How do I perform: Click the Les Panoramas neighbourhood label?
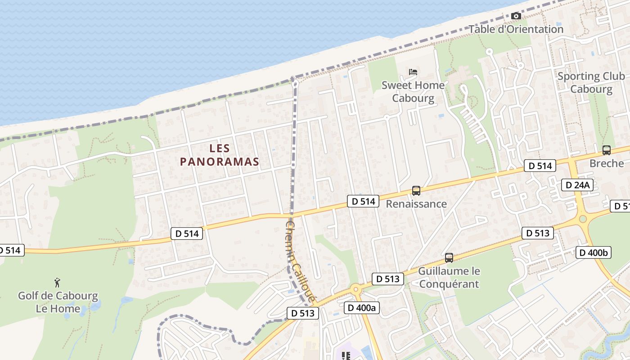coord(220,155)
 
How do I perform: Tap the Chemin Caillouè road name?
coord(299,261)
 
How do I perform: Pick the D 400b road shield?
coord(593,252)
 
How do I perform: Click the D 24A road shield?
coord(578,185)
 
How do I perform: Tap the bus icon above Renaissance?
coord(416,191)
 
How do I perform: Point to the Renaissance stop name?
coord(416,204)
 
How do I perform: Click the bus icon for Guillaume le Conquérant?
coord(449,258)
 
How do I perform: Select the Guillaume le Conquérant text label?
coord(449,278)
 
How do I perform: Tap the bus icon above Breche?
coord(607,150)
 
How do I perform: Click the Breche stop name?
coord(607,163)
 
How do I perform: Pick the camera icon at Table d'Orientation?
coord(516,16)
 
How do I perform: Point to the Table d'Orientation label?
coord(516,29)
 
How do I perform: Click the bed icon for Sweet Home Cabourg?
coord(413,72)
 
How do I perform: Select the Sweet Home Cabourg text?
coord(413,92)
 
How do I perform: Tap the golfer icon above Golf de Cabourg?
coord(57,283)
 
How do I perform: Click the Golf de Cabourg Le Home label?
coord(58,302)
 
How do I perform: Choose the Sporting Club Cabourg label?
coord(591,82)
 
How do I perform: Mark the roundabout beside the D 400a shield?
coord(355,289)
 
